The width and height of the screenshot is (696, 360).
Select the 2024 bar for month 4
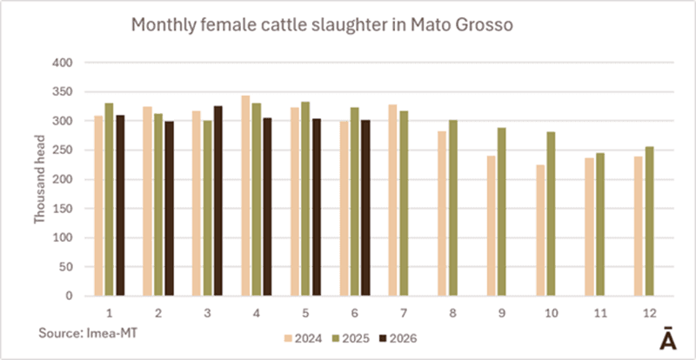coord(245,196)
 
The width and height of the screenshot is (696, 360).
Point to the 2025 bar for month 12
coord(649,221)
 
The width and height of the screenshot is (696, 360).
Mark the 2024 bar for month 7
coord(393,200)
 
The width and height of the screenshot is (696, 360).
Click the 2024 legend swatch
coord(288,339)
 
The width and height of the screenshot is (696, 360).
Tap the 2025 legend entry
coord(351,339)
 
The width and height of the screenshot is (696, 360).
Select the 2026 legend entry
coord(398,339)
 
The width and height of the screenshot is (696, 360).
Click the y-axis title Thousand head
coord(40,179)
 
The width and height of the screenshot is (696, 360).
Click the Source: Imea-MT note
coord(89,333)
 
